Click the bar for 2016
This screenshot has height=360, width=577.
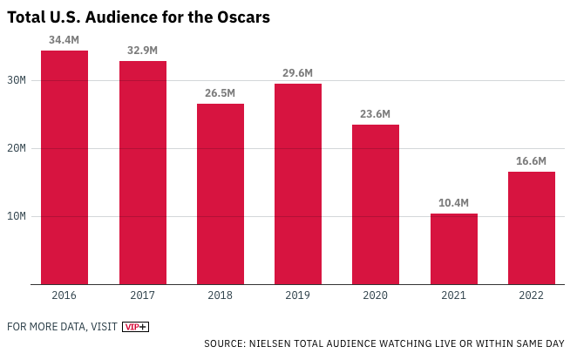coord(64,167)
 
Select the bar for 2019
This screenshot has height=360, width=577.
coord(298,184)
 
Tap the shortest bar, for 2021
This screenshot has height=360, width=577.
coord(453,248)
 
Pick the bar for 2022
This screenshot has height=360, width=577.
coord(532,228)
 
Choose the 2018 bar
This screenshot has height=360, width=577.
coord(221,194)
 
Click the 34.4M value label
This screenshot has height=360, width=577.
coord(64,40)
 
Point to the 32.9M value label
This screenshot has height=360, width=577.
coord(142,51)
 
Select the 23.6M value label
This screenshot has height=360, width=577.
coord(376,114)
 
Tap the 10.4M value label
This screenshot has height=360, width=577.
coord(453,203)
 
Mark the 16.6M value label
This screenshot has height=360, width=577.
coord(531,161)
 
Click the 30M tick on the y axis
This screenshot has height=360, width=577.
coord(17,80)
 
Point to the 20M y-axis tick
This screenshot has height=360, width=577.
coord(17,148)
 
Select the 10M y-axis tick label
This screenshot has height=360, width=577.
coord(17,216)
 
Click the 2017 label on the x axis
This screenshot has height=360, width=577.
coord(142,295)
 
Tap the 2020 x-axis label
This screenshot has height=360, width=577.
coord(376,295)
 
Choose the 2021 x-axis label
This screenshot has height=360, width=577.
coord(453,295)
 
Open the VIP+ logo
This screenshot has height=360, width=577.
coord(135,327)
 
